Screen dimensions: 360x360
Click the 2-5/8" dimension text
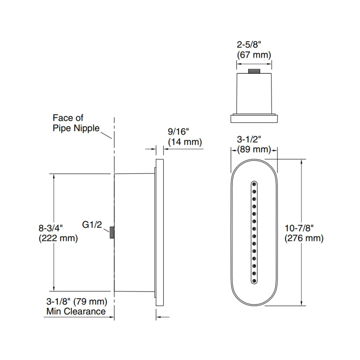click(x=249, y=45)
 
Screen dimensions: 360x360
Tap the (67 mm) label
click(x=254, y=55)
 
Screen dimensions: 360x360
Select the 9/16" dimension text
click(x=178, y=132)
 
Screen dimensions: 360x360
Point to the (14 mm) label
click(x=185, y=142)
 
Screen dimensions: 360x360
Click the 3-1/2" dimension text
click(x=249, y=139)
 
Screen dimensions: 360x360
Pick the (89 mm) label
click(x=254, y=149)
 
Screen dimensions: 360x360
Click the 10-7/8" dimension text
click(x=299, y=228)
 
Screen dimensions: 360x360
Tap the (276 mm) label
click(x=304, y=238)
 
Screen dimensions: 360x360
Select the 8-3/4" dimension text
click(x=51, y=228)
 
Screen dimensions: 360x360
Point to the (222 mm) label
click(x=58, y=238)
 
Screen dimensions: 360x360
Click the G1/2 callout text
click(x=92, y=225)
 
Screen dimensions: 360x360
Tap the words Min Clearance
click(x=76, y=311)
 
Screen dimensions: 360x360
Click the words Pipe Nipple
click(x=76, y=128)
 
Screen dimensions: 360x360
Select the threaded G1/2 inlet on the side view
click(x=112, y=232)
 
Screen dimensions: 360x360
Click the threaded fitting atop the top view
click(x=254, y=71)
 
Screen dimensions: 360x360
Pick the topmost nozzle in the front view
click(x=254, y=184)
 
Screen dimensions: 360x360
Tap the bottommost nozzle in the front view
click(x=254, y=281)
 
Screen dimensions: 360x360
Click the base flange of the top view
click(x=254, y=119)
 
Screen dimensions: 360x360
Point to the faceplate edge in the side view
click(x=160, y=232)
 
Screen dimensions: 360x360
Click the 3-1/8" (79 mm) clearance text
click(x=77, y=301)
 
